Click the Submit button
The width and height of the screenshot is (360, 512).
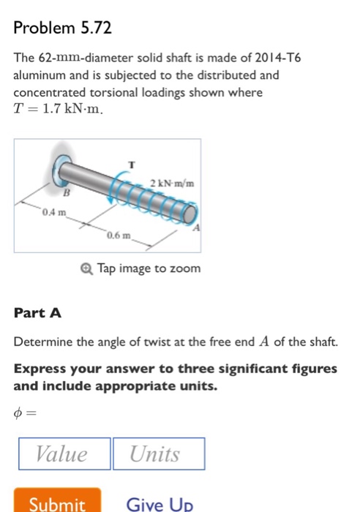(x=57, y=500)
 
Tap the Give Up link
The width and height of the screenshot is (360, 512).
(x=160, y=504)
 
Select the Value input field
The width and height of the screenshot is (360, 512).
(x=64, y=453)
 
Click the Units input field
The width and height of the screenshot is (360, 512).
(x=159, y=453)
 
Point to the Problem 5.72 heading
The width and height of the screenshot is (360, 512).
(x=62, y=28)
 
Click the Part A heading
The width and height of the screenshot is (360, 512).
(x=37, y=313)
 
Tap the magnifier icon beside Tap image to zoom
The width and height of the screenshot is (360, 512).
(x=86, y=269)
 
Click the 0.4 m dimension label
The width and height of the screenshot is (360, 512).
(x=54, y=213)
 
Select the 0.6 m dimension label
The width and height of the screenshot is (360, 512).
(x=119, y=235)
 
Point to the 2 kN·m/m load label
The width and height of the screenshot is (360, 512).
(x=172, y=183)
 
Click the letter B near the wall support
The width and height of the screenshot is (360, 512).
(x=66, y=193)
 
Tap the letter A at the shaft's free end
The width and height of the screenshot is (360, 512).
(x=195, y=227)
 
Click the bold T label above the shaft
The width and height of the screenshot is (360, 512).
(x=131, y=165)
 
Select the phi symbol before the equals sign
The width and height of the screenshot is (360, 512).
(x=18, y=413)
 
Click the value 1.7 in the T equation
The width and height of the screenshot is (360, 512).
(x=51, y=109)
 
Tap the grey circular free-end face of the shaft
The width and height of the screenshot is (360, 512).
(x=190, y=214)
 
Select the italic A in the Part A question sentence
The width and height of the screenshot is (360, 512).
(x=264, y=342)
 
